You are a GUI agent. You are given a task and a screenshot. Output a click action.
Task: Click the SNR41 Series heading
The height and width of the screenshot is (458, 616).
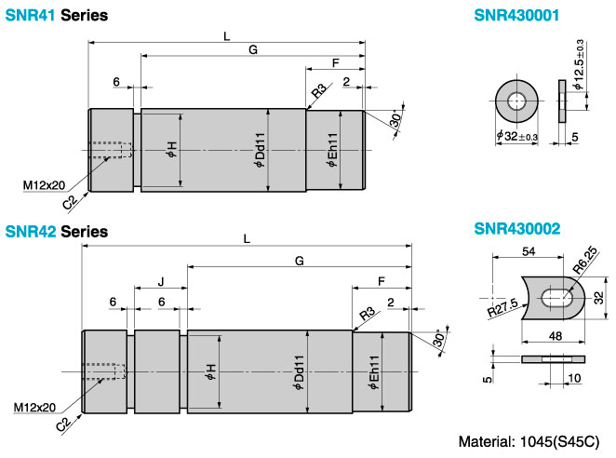[56, 15]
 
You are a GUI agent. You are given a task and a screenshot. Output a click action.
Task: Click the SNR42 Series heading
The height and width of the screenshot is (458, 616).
[56, 231]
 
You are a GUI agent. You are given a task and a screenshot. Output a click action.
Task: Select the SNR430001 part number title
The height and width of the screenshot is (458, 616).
[516, 15]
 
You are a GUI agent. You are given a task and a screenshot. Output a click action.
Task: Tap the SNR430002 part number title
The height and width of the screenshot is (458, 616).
[517, 228]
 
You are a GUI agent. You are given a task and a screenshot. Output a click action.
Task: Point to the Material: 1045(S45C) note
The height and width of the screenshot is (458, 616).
[529, 441]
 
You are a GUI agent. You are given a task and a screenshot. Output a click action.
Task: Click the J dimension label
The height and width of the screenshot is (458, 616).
[161, 281]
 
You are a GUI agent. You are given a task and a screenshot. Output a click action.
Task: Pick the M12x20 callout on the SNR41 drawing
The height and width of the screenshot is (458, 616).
[44, 184]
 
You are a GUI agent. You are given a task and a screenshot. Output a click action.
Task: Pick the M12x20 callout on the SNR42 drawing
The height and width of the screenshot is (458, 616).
[34, 408]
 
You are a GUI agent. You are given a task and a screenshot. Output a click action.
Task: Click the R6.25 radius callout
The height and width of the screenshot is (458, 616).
[584, 260]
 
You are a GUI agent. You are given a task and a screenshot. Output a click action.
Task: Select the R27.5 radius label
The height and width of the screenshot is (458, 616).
[502, 307]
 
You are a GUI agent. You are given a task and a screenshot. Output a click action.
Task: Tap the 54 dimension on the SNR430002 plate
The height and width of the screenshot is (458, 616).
[529, 251]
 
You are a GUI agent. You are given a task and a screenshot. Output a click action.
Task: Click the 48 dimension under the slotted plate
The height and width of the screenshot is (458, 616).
[556, 336]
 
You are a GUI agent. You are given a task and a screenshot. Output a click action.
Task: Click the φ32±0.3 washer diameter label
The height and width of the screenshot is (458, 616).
[517, 136]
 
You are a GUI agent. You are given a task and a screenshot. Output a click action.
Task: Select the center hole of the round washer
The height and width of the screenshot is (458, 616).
[516, 101]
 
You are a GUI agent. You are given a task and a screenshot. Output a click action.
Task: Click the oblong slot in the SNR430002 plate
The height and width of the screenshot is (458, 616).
[557, 298]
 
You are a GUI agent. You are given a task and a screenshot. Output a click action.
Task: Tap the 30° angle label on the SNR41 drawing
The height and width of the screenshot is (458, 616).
[396, 119]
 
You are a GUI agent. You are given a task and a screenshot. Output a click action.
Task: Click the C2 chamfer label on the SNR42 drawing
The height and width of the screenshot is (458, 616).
[63, 424]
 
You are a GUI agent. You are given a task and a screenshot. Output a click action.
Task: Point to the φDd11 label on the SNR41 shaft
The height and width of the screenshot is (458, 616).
[260, 150]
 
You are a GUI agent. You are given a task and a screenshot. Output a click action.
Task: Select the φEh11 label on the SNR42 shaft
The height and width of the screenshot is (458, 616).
[374, 372]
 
